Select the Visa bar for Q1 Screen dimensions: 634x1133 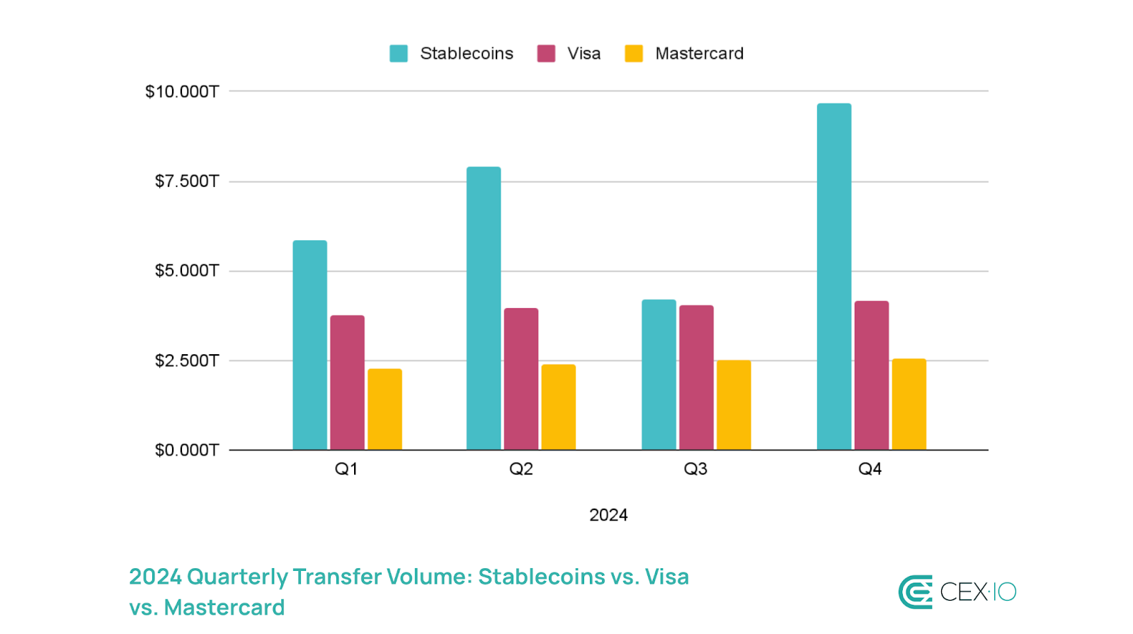[347, 383]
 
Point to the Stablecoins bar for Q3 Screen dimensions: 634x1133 [659, 375]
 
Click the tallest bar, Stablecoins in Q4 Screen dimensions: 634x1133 [834, 276]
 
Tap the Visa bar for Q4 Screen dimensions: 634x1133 [872, 375]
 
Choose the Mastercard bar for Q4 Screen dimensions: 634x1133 [909, 404]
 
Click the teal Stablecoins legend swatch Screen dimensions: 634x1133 [399, 54]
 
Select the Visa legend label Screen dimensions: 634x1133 [583, 54]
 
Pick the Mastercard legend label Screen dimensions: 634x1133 [699, 54]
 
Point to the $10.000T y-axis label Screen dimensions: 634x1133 [182, 91]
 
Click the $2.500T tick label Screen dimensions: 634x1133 [187, 361]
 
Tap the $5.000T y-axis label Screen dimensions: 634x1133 [187, 271]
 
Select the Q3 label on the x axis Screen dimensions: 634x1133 [695, 469]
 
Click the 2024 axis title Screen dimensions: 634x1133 [608, 515]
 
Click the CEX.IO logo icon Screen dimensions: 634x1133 [916, 591]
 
